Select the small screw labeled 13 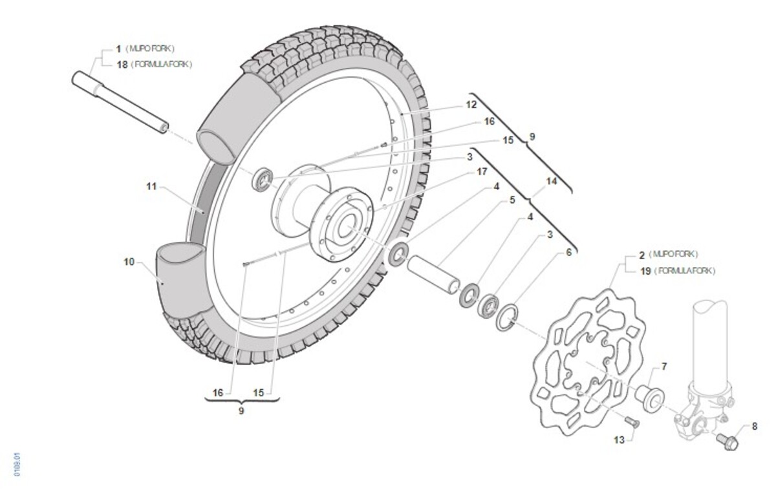pos(631,421)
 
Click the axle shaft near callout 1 pos(120,103)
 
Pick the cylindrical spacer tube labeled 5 pos(433,273)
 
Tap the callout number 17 pos(481,172)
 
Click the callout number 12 pos(471,104)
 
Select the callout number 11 pos(151,187)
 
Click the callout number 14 pos(551,182)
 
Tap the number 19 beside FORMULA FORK pos(644,271)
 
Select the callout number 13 pos(620,440)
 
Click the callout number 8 pos(754,426)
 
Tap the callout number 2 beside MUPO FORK pos(642,254)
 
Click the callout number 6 pos(568,253)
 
